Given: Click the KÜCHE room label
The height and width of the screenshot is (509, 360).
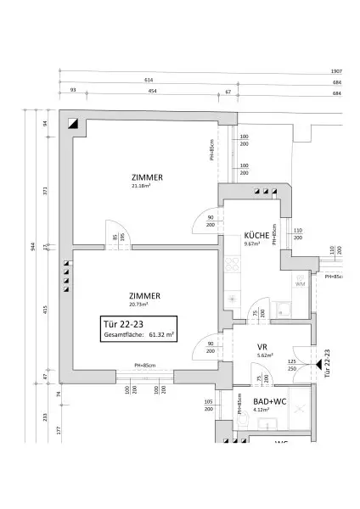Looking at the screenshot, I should click(257, 235).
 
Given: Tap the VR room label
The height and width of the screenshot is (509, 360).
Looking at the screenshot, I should click(263, 347).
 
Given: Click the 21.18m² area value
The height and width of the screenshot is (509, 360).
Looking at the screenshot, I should click(141, 186).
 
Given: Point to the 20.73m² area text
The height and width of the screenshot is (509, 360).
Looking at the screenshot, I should click(138, 304).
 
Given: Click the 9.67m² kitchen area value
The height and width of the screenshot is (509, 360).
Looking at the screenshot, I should click(254, 244).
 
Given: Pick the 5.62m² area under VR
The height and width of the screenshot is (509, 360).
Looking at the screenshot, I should click(264, 356).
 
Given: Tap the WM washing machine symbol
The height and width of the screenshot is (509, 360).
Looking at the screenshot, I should click(300, 284).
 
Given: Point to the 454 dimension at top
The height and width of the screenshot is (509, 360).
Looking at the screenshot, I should click(152, 91).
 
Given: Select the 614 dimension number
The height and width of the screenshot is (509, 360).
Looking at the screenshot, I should click(149, 81).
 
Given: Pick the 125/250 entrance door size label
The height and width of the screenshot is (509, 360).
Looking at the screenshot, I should click(291, 366).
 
